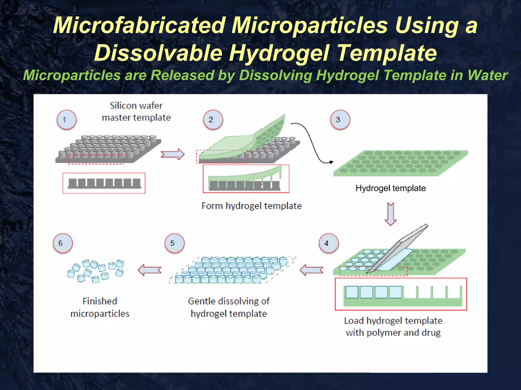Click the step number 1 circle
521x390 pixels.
coord(66,120)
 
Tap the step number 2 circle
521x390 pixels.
coord(213,120)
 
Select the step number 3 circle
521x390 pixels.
coord(340,120)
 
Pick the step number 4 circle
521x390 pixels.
coord(329,243)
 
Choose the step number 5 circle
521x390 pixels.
coord(175,243)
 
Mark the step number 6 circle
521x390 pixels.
coord(63,243)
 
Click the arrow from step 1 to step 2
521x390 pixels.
coord(172,154)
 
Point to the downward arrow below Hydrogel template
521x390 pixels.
coord(390,214)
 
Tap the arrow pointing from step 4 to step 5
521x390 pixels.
coord(311,270)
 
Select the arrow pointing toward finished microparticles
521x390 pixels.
coord(150,270)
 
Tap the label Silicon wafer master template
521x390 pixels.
coord(136,111)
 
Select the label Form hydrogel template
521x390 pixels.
coord(251,206)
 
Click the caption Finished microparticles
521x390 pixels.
coord(100,307)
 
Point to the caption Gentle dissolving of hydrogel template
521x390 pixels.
coord(228,307)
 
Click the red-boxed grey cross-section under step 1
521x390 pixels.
coord(104,183)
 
